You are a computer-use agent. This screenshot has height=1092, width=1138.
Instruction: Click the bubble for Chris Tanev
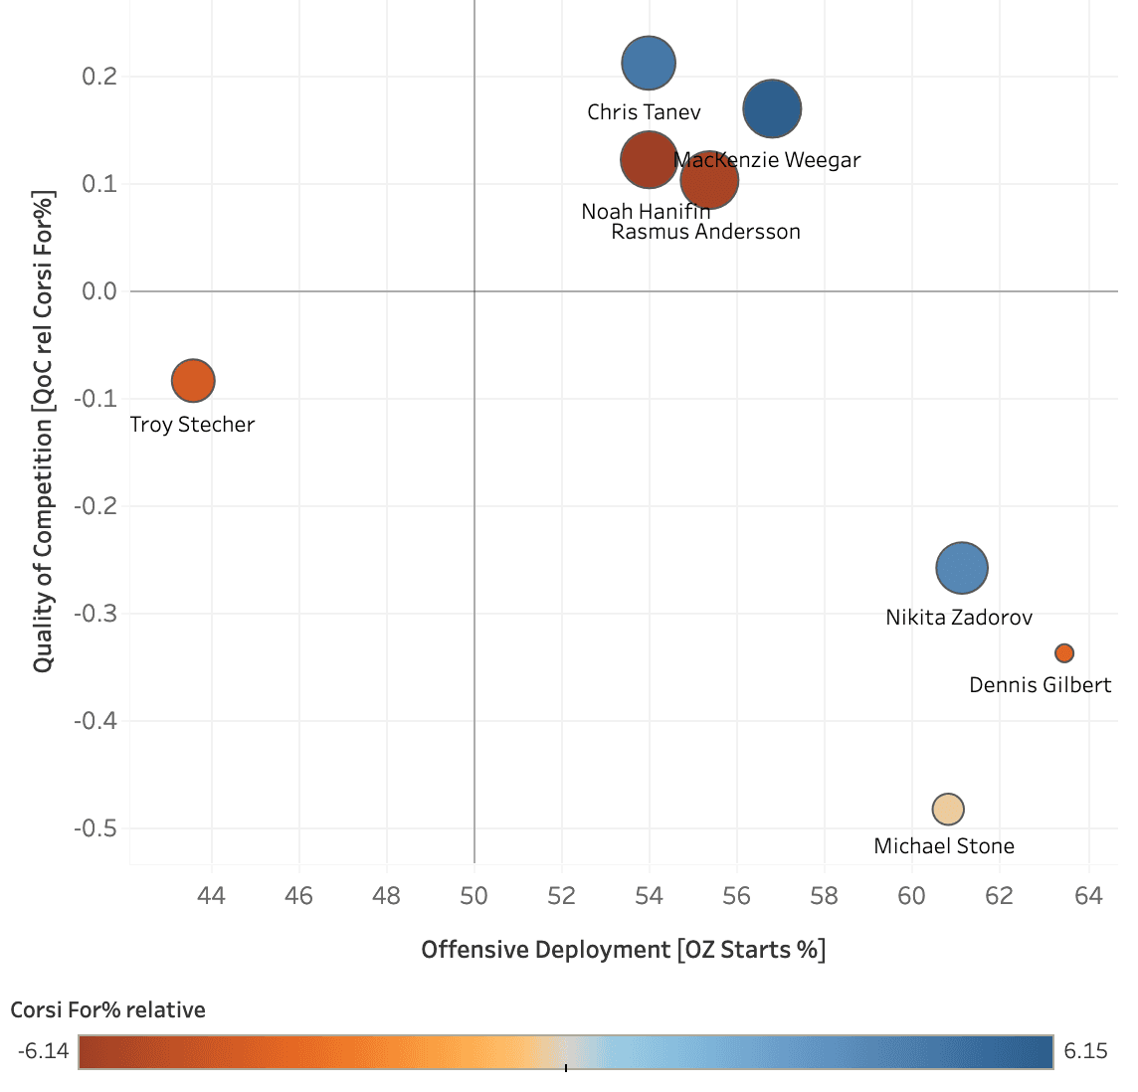pos(649,64)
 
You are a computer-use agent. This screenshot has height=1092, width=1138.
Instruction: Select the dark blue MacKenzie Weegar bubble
pos(772,108)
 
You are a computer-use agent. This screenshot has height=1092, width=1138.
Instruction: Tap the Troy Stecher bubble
pos(193,380)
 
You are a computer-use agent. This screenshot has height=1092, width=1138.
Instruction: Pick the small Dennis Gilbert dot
pos(1064,653)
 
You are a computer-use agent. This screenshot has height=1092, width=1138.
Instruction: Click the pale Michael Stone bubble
pos(948,809)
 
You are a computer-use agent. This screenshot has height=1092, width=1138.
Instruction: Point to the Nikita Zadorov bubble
pos(962,569)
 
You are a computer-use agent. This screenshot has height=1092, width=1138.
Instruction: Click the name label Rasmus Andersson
pos(705,232)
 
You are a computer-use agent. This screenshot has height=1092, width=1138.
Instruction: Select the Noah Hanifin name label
pos(646,212)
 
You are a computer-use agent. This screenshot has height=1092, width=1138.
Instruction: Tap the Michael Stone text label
pos(944,846)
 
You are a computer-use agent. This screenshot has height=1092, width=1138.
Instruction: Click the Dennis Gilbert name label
pos(1041,685)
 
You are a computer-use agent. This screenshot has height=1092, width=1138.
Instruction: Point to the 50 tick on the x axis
pos(474,896)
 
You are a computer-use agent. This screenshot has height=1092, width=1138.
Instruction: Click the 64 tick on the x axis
pos(1088,896)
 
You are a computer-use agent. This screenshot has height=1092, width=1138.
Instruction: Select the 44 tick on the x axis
pos(211,896)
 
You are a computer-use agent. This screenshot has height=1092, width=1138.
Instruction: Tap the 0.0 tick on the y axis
pos(98,291)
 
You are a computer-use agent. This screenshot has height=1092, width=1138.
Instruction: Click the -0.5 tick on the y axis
pos(95,828)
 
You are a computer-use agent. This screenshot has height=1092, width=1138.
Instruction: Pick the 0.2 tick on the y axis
pos(98,77)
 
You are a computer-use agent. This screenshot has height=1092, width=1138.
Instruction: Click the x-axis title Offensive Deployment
pos(624,950)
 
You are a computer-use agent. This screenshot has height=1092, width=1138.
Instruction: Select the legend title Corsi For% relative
pos(108,1010)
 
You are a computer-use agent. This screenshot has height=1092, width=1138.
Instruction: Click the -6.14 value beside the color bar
pos(43,1051)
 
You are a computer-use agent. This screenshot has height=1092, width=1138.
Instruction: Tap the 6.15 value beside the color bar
pos(1085,1051)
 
